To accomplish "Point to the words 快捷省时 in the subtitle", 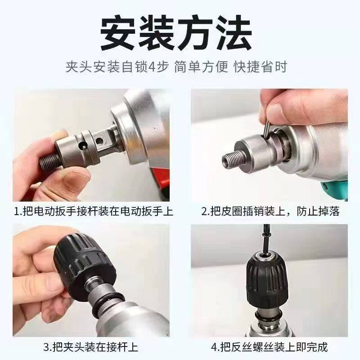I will [x=260, y=67].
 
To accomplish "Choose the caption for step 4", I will [x=270, y=347].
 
